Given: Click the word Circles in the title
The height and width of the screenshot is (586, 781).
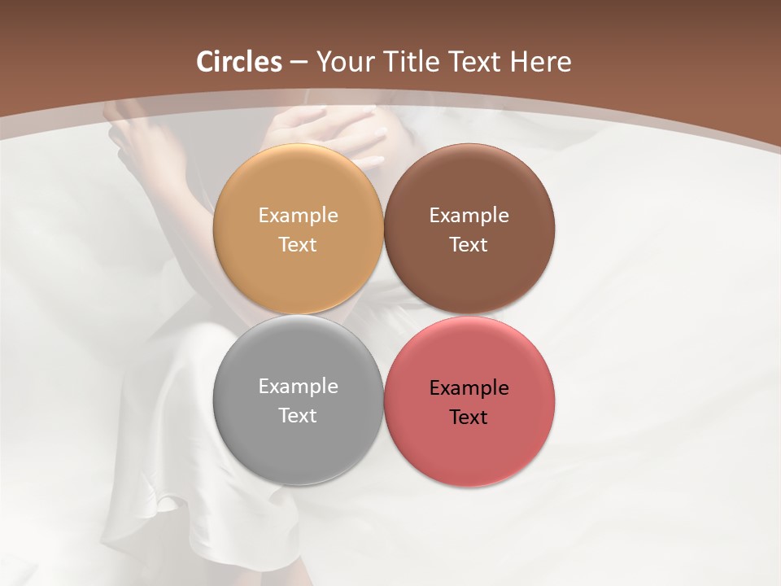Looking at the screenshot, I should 239,62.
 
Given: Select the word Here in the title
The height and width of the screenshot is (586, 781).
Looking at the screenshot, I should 541,62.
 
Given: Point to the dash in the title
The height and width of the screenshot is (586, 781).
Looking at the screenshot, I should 299,63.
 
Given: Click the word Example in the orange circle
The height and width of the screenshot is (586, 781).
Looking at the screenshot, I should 298,216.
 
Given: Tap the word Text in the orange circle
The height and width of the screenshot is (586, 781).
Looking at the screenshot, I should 298,244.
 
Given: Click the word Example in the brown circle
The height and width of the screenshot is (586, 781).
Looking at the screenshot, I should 469,216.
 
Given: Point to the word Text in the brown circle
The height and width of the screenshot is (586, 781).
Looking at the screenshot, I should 469,244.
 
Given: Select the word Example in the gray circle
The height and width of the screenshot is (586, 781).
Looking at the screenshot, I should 298,387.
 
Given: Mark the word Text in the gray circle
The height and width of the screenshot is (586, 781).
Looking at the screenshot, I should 298,415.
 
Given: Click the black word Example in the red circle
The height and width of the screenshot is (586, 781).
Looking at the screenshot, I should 469,388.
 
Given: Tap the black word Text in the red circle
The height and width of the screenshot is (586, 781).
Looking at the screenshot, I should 469,417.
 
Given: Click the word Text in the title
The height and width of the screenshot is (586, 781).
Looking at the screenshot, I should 475,62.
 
